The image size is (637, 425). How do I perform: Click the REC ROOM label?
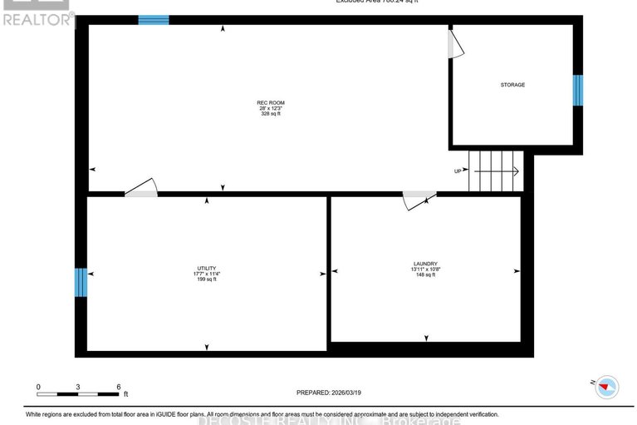[x=265, y=103]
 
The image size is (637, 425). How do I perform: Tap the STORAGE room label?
[x=512, y=85]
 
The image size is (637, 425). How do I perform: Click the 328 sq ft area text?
[x=265, y=114]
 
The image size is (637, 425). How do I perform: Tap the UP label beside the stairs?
[x=457, y=171]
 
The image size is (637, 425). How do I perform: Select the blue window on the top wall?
[x=154, y=20]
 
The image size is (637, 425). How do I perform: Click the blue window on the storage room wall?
[x=578, y=91]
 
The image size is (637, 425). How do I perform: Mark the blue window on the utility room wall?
[x=81, y=282]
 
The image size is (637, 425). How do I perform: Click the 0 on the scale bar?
[x=38, y=387]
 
